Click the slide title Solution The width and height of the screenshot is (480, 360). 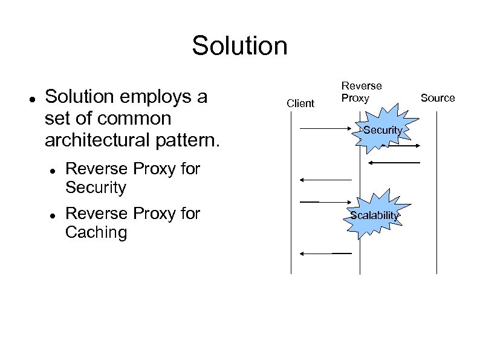[x=239, y=45]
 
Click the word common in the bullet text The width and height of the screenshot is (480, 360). [x=137, y=118]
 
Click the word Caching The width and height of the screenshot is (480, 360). [x=96, y=233]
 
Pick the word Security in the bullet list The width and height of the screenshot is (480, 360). [x=96, y=188]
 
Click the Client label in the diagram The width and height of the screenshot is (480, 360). [x=300, y=103]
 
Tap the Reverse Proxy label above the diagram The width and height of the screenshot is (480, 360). [x=362, y=92]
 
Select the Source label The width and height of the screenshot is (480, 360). [x=437, y=98]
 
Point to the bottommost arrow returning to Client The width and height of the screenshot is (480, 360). [x=326, y=254]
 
